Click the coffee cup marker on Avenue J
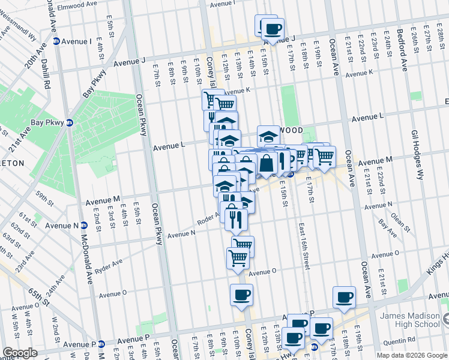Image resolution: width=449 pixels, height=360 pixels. point(273,29)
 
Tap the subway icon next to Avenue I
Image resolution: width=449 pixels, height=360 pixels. point(56,41)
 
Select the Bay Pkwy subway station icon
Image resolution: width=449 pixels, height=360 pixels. point(70,122)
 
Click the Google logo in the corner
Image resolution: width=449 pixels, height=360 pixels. point(20,353)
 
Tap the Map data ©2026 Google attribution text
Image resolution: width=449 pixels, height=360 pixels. point(411,355)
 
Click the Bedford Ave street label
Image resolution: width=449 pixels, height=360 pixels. point(400,49)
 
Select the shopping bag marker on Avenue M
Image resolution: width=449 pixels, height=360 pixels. point(265,162)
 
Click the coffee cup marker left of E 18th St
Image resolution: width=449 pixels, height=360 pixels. point(344,298)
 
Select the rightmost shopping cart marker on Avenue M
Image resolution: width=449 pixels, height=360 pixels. point(324,157)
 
